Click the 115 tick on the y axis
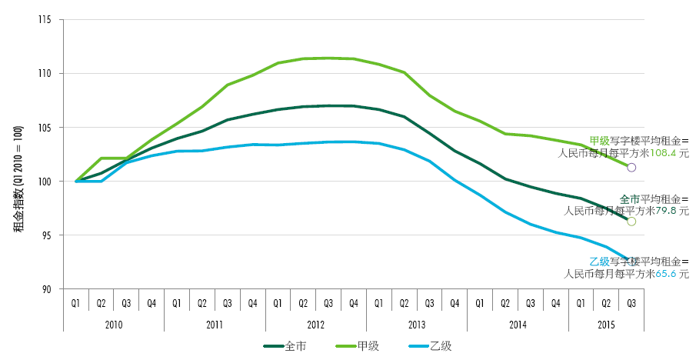point(48,19)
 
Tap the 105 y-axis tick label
point(48,127)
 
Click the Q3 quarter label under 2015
point(631,302)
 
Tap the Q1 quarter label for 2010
point(76,302)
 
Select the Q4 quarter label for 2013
point(455,302)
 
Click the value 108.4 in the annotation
point(664,153)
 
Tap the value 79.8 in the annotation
point(666,209)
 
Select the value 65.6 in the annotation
point(666,273)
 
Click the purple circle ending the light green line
point(632,167)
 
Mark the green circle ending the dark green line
point(631,222)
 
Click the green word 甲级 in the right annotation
point(600,141)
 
